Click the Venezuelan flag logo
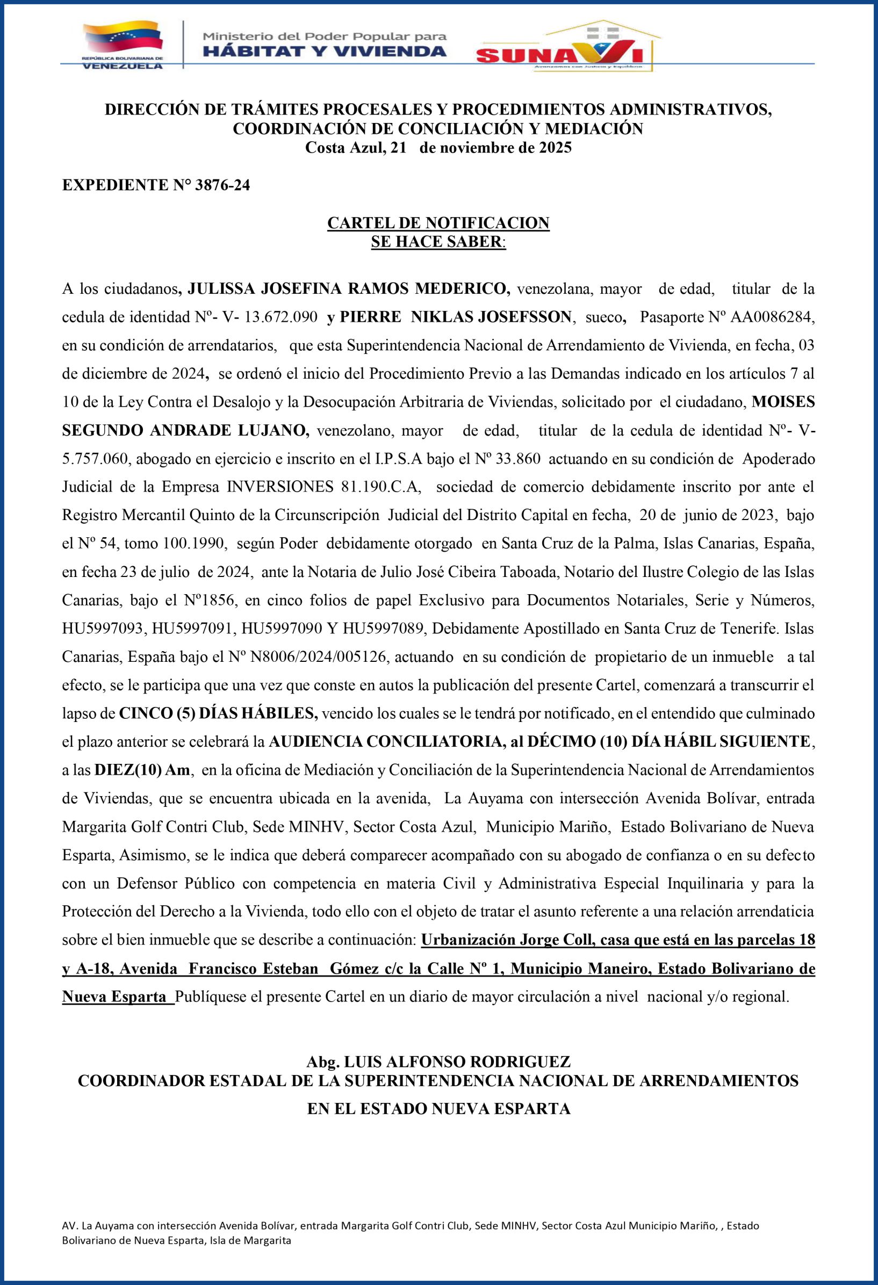122,39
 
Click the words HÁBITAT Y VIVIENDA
324,52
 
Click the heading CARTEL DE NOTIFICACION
438,223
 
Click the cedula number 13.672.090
280,317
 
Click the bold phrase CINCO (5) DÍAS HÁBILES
218,714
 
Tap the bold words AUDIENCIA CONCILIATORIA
385,742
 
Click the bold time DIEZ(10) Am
142,770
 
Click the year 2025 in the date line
553,148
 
